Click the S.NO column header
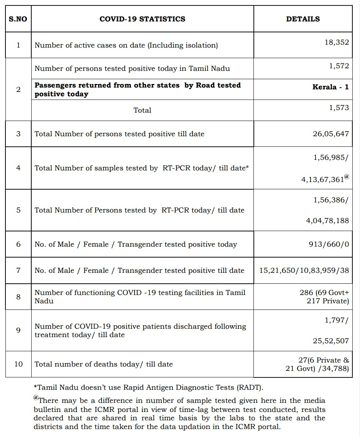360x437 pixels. click(18, 19)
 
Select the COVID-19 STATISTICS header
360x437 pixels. click(142, 19)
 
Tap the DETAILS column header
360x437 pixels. click(303, 19)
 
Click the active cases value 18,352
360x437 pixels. click(336, 42)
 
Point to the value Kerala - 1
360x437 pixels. click(330, 87)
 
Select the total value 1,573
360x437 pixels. click(339, 108)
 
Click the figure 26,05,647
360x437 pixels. click(331, 134)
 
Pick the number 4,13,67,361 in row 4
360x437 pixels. click(322, 179)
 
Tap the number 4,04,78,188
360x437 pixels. click(327, 220)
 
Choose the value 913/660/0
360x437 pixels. click(329, 244)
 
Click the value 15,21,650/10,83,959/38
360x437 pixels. click(304, 270)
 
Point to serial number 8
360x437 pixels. click(18, 297)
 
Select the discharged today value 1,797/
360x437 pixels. click(336, 320)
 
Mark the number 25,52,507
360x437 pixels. click(331, 341)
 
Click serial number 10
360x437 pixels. click(18, 364)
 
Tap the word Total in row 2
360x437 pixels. click(142, 110)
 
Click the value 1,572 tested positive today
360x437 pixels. click(339, 66)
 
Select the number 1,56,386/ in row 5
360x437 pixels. click(331, 200)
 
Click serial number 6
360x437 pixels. click(18, 244)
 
